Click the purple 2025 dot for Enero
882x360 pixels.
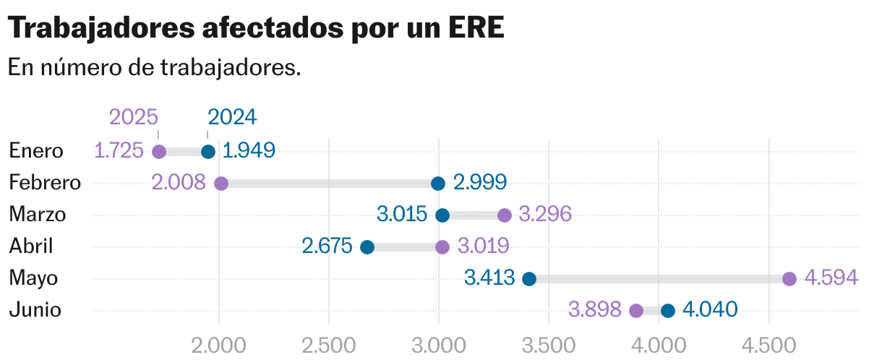[159, 152]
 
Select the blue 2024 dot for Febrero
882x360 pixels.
[437, 184]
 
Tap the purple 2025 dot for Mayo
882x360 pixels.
[789, 279]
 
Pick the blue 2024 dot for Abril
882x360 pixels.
[367, 247]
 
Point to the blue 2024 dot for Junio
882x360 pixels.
[668, 311]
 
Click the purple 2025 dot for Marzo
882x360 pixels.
[505, 215]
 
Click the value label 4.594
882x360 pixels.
[831, 278]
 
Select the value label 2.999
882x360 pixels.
[480, 183]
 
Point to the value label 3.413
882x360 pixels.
[489, 278]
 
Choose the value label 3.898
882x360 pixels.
[595, 310]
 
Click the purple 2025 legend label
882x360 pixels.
[134, 117]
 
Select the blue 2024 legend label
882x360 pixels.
[232, 117]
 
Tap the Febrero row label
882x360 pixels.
[45, 183]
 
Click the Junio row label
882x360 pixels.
[35, 310]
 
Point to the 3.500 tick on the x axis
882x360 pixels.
[548, 345]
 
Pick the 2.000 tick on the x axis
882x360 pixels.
[218, 345]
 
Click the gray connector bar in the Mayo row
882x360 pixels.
[659, 279]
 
